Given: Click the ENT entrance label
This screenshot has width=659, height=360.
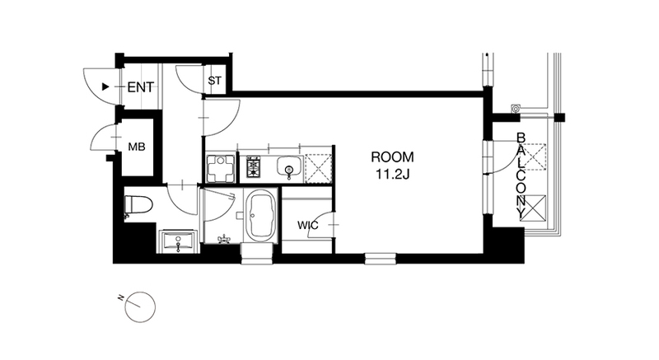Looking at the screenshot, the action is [x=140, y=87].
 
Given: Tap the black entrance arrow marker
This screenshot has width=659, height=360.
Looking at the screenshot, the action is [x=105, y=87].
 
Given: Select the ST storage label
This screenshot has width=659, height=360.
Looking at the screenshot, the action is [x=214, y=80].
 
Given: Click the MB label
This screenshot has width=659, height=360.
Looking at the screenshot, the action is [x=137, y=147].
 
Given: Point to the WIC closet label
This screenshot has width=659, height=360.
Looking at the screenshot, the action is [x=308, y=226].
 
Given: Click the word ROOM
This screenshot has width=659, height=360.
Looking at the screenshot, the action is [x=392, y=157].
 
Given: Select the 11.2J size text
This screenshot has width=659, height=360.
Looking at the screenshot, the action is [x=392, y=175].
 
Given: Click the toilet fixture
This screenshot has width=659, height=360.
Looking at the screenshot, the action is [x=138, y=206].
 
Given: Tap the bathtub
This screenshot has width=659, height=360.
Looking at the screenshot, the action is [x=260, y=217].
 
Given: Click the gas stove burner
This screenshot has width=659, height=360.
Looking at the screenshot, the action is [x=254, y=166].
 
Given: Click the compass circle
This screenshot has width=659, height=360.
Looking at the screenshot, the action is [x=140, y=307].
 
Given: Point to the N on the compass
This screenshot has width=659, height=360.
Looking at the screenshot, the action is [x=120, y=298].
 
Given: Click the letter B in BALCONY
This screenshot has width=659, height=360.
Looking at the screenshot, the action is [x=521, y=138].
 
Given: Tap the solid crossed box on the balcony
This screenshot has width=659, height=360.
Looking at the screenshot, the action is [x=533, y=208].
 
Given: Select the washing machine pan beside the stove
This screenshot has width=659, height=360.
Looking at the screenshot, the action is [x=220, y=168].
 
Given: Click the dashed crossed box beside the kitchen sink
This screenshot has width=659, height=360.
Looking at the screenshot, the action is [x=319, y=168].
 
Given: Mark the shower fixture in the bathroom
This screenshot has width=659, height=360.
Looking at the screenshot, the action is [x=224, y=239].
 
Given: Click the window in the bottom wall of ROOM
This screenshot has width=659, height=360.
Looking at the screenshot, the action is [x=381, y=259].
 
